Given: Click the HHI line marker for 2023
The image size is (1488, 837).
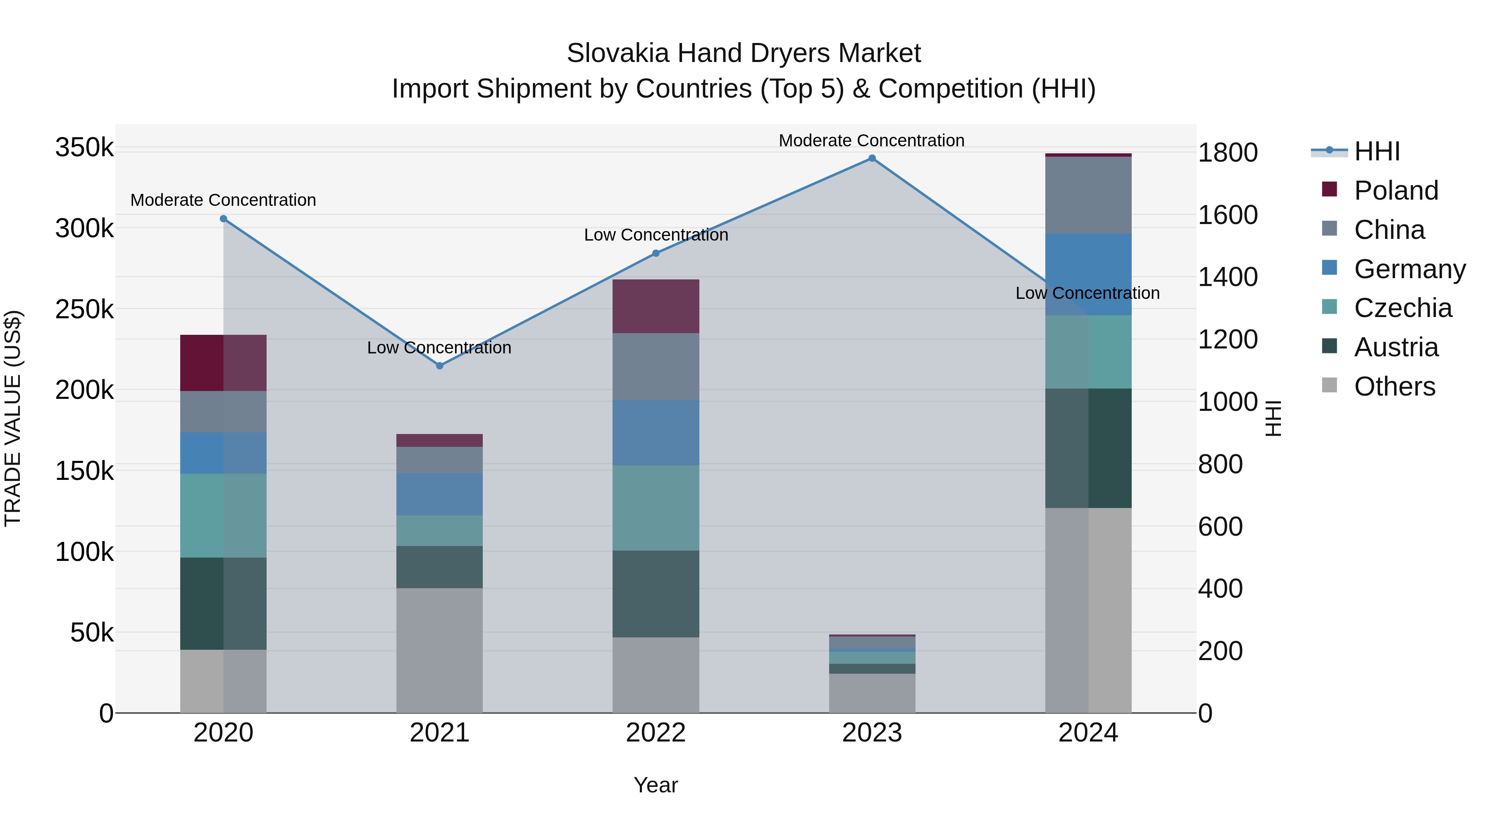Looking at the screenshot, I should pyautogui.click(x=872, y=158).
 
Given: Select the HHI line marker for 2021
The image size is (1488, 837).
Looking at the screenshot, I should pyautogui.click(x=440, y=366).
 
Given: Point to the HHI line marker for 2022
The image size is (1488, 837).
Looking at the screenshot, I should pyautogui.click(x=656, y=253).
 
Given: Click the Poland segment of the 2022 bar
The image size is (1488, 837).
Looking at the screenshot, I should pyautogui.click(x=656, y=306).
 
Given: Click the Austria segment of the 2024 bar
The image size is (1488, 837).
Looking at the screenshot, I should pyautogui.click(x=1088, y=448).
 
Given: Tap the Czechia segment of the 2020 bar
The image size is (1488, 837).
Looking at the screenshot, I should pyautogui.click(x=224, y=515).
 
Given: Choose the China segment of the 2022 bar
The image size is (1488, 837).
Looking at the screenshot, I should pyautogui.click(x=656, y=366).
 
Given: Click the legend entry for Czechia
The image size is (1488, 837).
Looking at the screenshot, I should pyautogui.click(x=1402, y=308).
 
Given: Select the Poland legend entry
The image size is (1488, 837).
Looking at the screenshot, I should pyautogui.click(x=1395, y=191).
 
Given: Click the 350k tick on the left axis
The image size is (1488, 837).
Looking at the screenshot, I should pyautogui.click(x=84, y=147).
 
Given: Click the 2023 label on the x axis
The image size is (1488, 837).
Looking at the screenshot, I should pyautogui.click(x=872, y=733).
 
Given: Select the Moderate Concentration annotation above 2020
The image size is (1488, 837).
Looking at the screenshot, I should pyautogui.click(x=224, y=200).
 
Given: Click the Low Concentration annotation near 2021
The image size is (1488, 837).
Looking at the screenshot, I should pyautogui.click(x=440, y=348).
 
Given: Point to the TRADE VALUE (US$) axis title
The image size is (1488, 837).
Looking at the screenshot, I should pyautogui.click(x=13, y=418).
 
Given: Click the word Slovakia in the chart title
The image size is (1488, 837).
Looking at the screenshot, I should pyautogui.click(x=618, y=53).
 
